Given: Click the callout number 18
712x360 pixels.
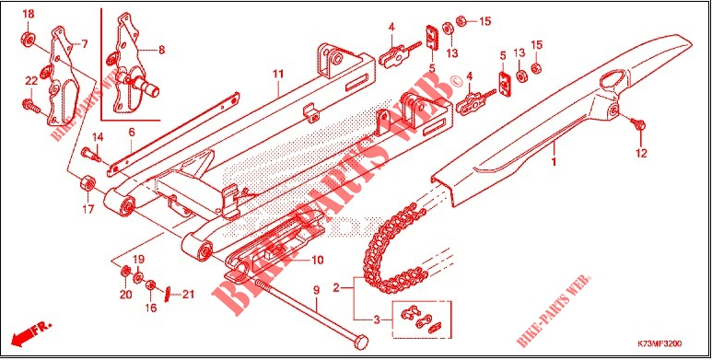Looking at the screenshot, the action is click(x=28, y=15).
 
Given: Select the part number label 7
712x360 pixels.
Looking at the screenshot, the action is click(x=85, y=43).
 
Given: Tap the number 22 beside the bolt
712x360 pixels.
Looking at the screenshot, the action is click(x=30, y=82).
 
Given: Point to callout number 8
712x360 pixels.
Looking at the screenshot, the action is click(x=162, y=51).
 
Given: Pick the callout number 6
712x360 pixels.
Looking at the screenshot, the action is click(x=132, y=133).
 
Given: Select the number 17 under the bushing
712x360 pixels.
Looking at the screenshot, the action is click(x=88, y=210).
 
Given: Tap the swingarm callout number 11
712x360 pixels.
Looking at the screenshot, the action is click(x=276, y=73).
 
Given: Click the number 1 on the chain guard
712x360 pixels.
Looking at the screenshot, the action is click(x=554, y=162).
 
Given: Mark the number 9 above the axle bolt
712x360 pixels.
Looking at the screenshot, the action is click(x=315, y=290).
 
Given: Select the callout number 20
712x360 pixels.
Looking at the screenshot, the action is click(x=126, y=295).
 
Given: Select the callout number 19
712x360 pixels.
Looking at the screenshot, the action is click(x=140, y=260).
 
